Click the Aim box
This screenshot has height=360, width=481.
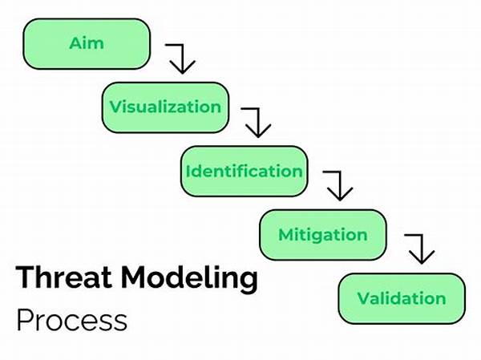pyautogui.click(x=87, y=44)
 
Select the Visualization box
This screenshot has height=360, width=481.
pyautogui.click(x=166, y=107)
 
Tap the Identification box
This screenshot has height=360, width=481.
pyautogui.click(x=245, y=172)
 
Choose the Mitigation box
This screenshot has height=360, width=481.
pyautogui.click(x=323, y=235)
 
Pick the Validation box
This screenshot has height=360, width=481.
pyautogui.click(x=402, y=298)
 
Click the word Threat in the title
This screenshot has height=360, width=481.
pyautogui.click(x=63, y=277)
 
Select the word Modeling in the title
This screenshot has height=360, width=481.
pyautogui.click(x=189, y=279)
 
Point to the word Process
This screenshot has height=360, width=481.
pyautogui.click(x=72, y=320)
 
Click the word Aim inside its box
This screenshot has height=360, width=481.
pyautogui.click(x=87, y=43)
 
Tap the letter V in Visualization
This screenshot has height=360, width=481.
pyautogui.click(x=115, y=107)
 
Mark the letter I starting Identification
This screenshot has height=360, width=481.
pyautogui.click(x=188, y=171)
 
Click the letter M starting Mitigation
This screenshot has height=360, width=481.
pyautogui.click(x=286, y=235)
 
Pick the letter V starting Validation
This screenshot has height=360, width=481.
pyautogui.click(x=363, y=298)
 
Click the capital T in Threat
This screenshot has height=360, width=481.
pyautogui.click(x=25, y=277)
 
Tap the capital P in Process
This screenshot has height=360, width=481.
pyautogui.click(x=25, y=320)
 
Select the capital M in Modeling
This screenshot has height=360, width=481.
pyautogui.click(x=133, y=277)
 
